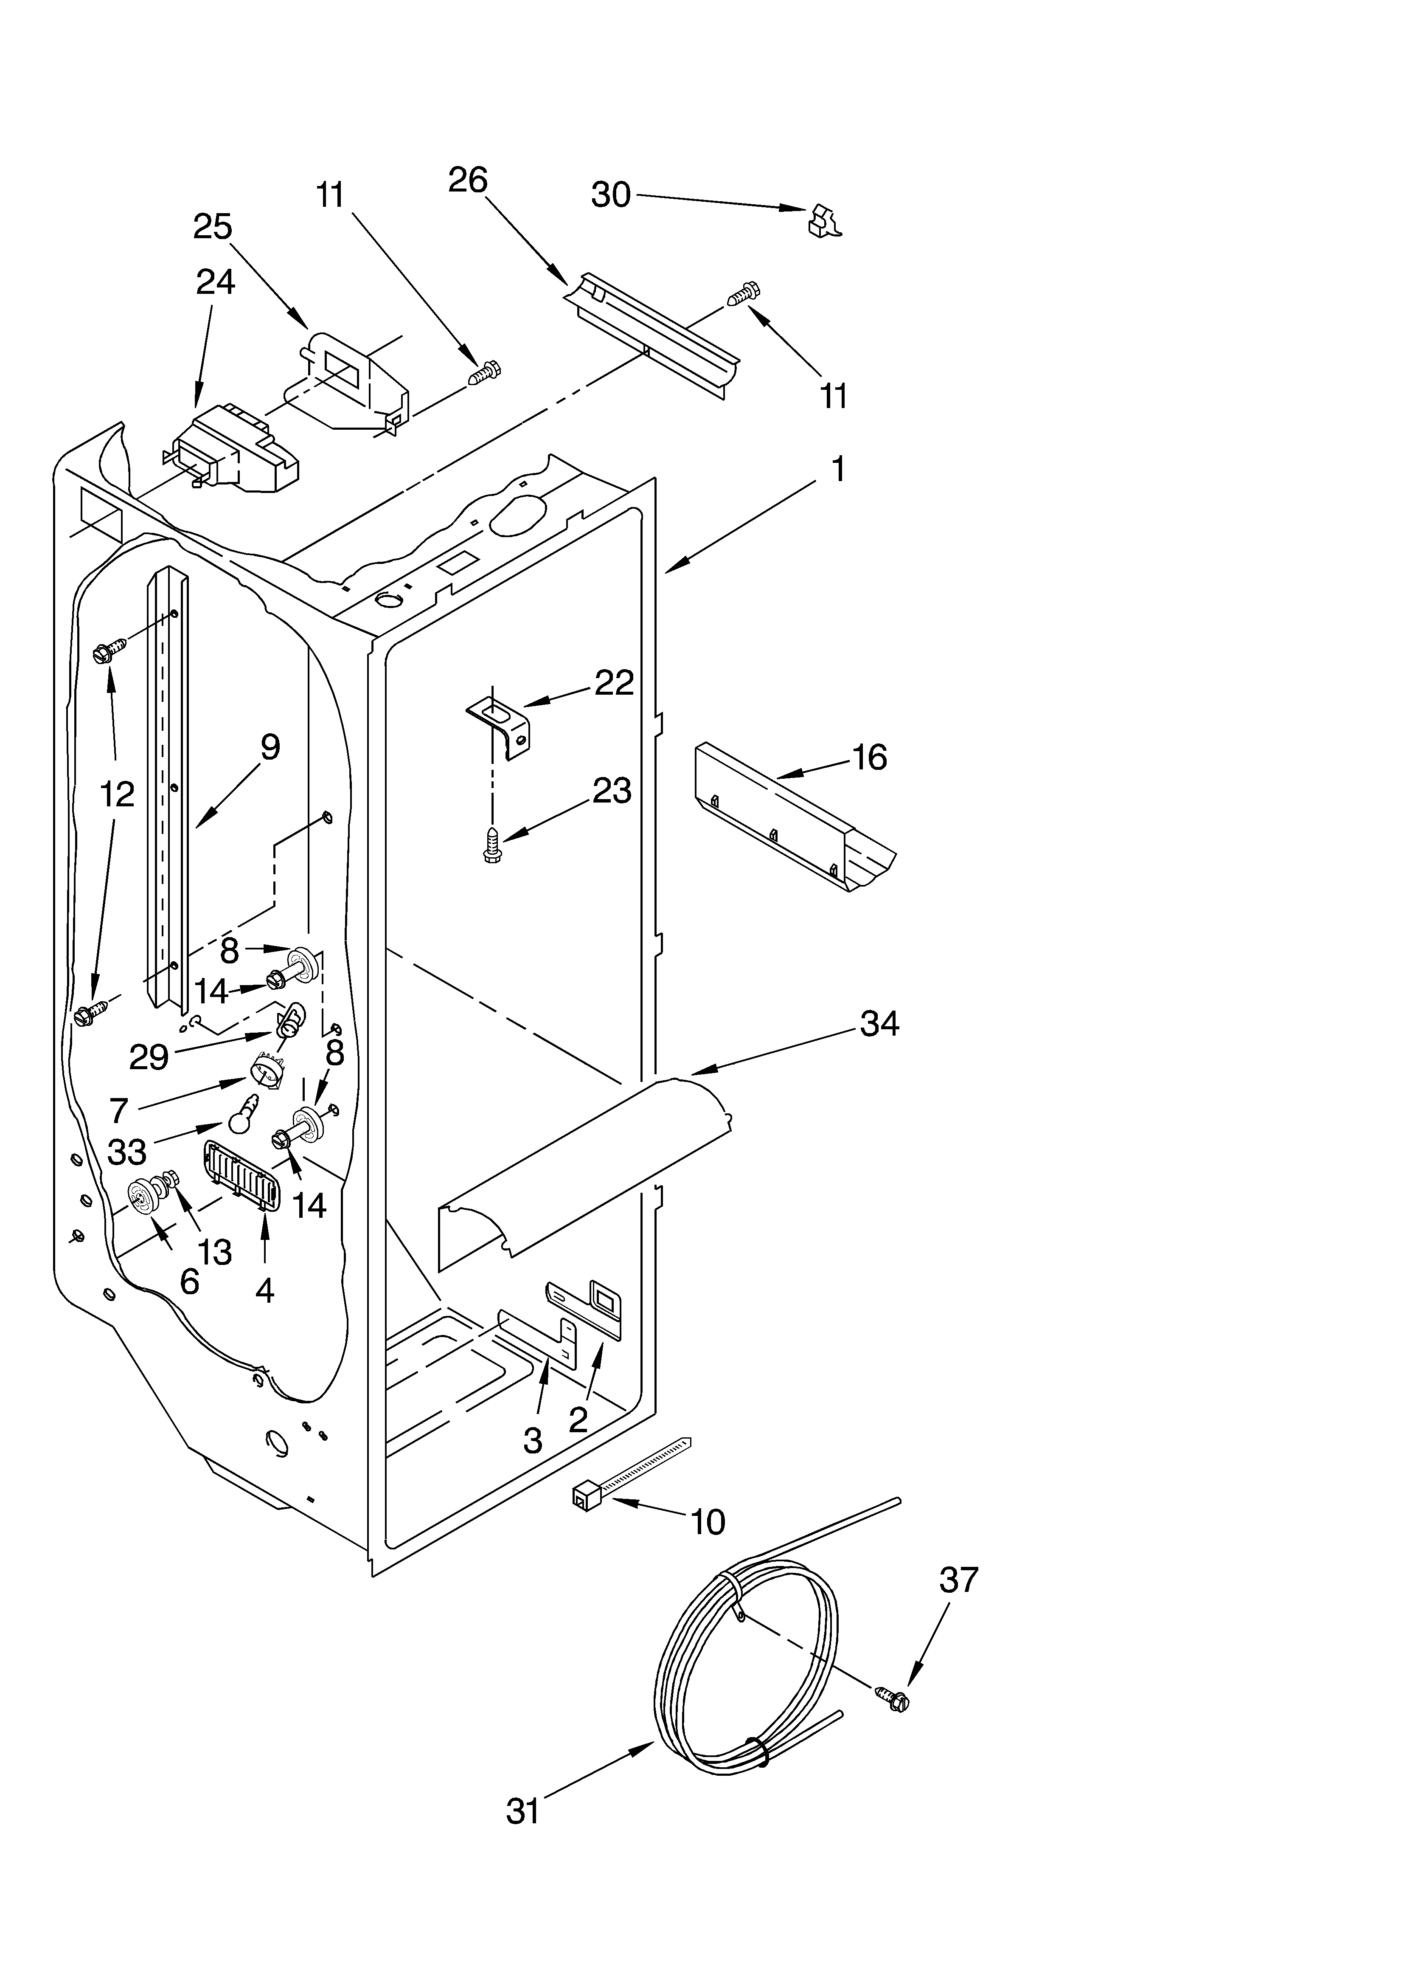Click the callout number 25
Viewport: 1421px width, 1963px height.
[213, 227]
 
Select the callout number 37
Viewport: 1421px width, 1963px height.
[959, 1580]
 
